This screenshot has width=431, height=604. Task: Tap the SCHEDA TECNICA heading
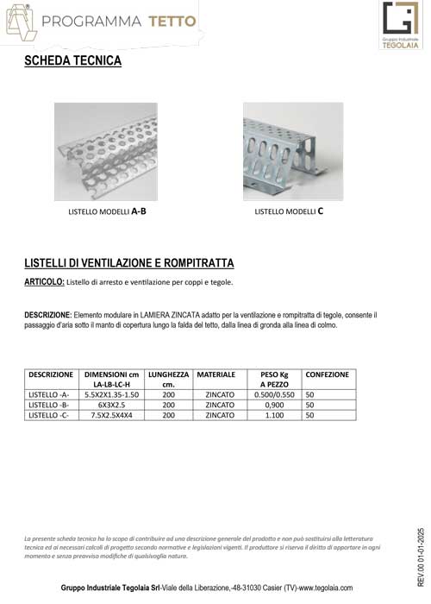(72, 62)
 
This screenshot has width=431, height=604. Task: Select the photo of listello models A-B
(106, 152)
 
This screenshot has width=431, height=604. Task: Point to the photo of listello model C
(293, 151)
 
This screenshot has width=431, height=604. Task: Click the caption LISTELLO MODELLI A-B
(107, 211)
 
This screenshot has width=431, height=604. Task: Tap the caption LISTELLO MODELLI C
(289, 211)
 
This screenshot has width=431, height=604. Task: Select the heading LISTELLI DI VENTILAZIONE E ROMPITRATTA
(129, 262)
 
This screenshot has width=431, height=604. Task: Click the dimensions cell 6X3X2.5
(111, 404)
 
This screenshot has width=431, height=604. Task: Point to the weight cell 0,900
(274, 404)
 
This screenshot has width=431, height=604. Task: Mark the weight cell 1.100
(274, 415)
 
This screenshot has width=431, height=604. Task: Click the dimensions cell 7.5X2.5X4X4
(111, 415)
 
